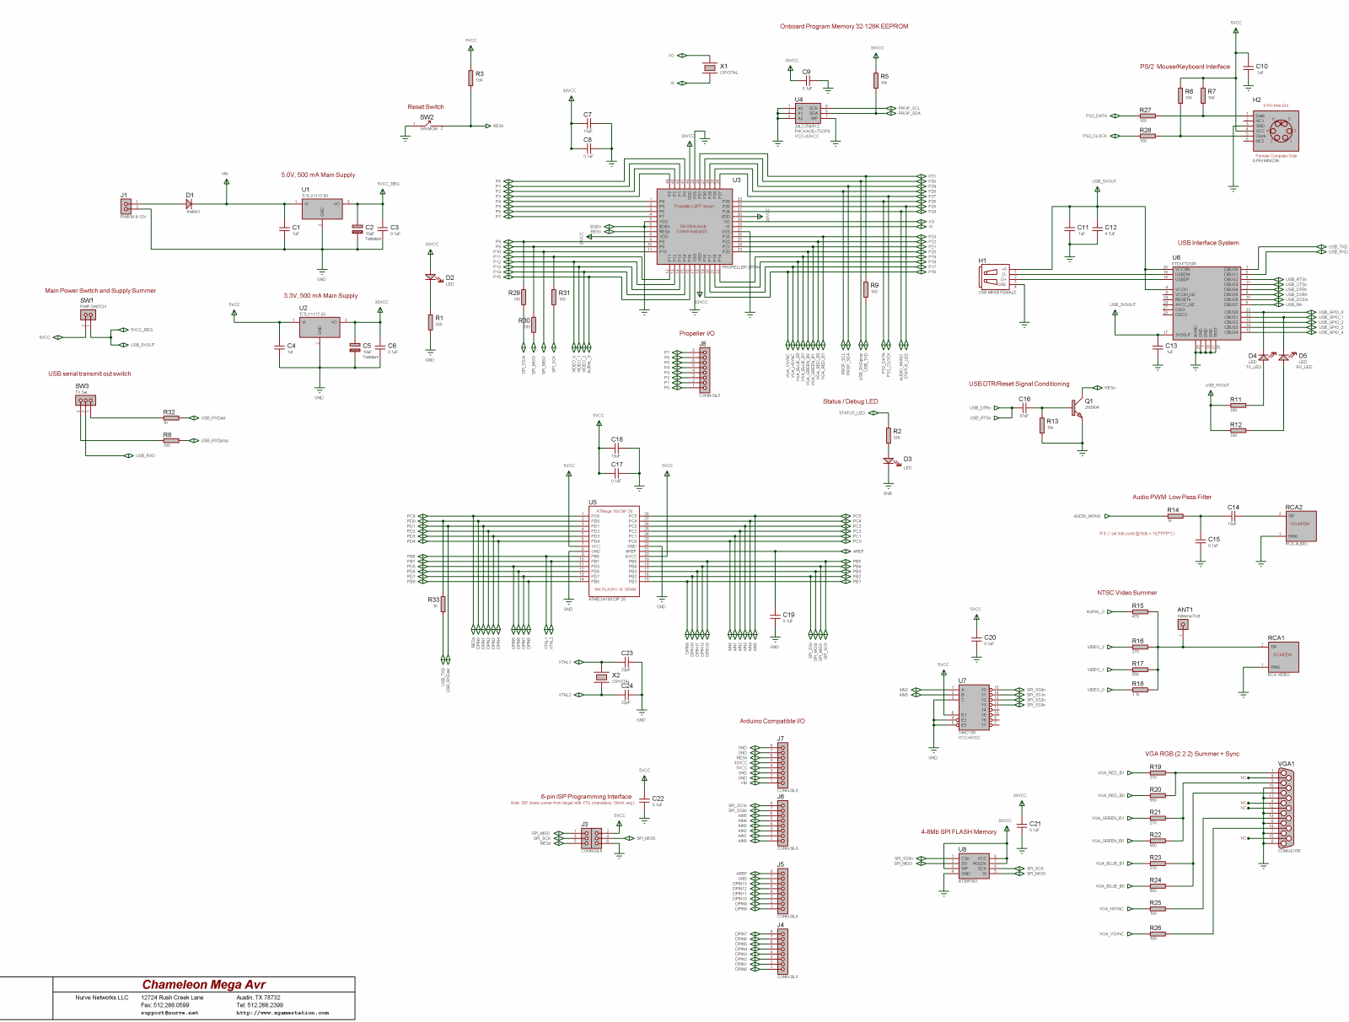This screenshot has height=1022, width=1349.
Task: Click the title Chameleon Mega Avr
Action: [203, 984]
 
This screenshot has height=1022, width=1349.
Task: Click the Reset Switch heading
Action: [425, 107]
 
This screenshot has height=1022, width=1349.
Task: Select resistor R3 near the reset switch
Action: [470, 78]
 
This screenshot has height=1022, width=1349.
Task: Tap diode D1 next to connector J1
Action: [189, 203]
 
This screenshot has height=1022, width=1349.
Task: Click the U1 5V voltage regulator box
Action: [322, 209]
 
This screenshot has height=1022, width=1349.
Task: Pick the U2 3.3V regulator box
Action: [320, 327]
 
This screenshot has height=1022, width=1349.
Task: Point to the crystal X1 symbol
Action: [710, 68]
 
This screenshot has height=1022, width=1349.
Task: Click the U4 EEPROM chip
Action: [807, 113]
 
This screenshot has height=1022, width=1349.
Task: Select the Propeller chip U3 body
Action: [695, 226]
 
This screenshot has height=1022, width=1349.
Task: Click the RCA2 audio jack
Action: [1299, 525]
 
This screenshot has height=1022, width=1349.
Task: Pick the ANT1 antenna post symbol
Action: [1183, 625]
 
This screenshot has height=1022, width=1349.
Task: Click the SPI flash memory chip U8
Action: [973, 865]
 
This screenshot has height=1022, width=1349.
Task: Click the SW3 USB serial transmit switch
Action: [84, 401]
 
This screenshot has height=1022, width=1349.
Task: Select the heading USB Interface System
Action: [1207, 243]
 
